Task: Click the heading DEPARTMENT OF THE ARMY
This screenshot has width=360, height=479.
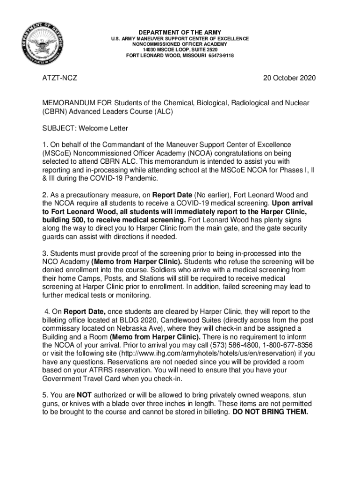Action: [180, 32]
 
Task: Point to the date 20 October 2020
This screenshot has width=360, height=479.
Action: [289, 78]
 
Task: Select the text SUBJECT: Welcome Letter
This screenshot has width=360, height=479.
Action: [86, 128]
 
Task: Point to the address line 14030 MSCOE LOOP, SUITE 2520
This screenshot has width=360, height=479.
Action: [180, 50]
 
